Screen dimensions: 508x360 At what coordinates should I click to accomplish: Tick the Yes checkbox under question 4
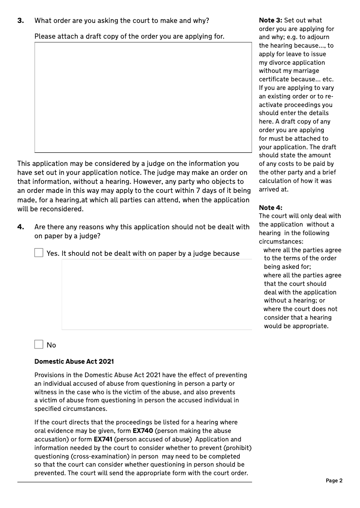(x=39, y=253)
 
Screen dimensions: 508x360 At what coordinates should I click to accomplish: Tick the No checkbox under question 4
(x=39, y=345)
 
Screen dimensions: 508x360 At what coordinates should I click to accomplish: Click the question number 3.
(x=20, y=20)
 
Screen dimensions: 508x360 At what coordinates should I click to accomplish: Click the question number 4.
(x=20, y=227)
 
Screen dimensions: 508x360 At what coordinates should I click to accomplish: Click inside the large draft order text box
(x=143, y=97)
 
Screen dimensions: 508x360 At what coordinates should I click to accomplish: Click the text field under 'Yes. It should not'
(x=157, y=294)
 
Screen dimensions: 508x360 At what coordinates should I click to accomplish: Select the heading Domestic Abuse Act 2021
(x=74, y=361)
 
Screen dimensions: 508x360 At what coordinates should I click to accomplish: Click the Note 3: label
(x=270, y=20)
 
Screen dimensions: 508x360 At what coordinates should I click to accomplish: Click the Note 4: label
(x=270, y=208)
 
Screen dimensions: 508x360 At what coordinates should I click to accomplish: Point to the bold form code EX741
(x=103, y=439)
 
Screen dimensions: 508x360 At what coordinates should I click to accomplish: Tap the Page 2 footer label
(x=334, y=481)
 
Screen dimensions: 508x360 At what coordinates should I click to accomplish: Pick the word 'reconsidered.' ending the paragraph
(x=63, y=209)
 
